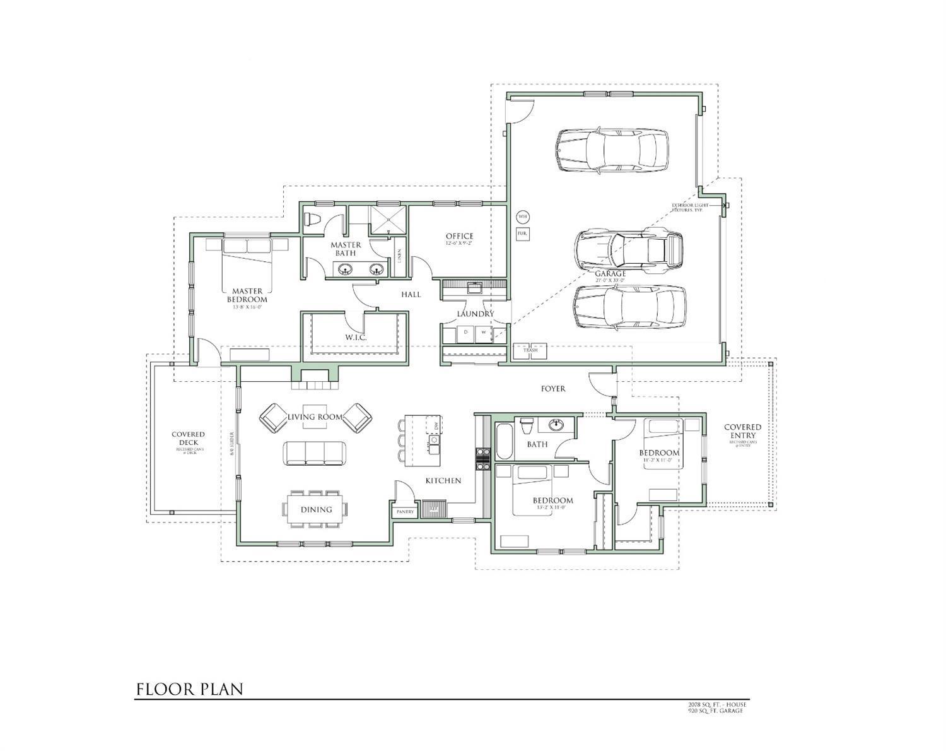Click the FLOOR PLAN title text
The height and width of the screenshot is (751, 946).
pos(190,689)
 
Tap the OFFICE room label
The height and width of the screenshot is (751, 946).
pos(459,237)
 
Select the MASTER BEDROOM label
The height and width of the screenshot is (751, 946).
pos(247,295)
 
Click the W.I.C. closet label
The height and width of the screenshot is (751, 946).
pos(356,338)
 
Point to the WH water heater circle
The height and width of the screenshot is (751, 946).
pos(522,216)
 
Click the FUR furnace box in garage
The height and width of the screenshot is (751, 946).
pos(522,234)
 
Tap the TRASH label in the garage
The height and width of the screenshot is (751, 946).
pos(530,350)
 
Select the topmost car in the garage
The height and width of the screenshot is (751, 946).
pos(611,150)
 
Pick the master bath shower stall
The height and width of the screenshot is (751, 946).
pos(387,219)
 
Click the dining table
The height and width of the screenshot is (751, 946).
pos(317,509)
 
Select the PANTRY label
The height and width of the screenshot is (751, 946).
pos(405,512)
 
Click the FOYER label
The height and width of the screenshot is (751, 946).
pos(553,389)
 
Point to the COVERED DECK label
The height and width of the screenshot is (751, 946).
pos(188,438)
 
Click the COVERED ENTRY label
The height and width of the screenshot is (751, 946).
pos(742,431)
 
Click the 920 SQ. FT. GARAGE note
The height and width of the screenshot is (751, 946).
pos(715,711)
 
